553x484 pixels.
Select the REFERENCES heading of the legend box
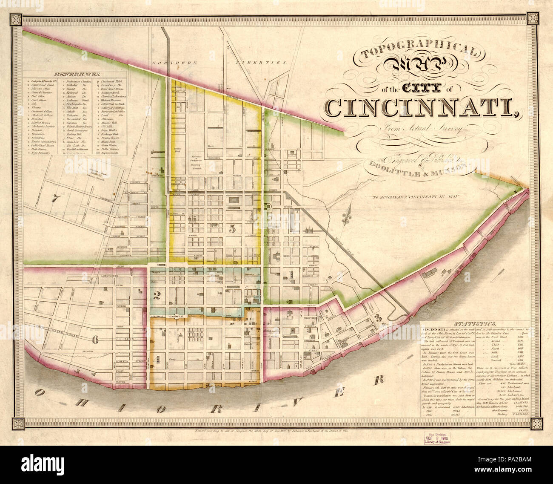coord(75,74)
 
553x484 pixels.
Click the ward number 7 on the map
coord(54,198)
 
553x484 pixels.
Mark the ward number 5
coord(232,229)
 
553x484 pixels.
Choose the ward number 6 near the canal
coord(94,339)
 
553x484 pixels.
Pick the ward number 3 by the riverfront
coord(377,317)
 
